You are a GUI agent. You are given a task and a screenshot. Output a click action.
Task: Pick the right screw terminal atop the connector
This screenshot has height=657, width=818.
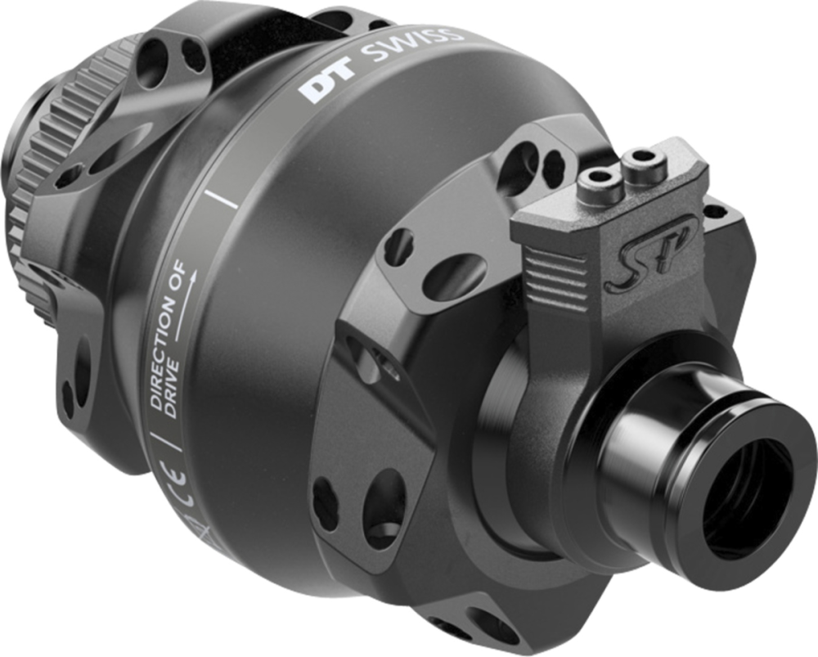pos(640,155)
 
